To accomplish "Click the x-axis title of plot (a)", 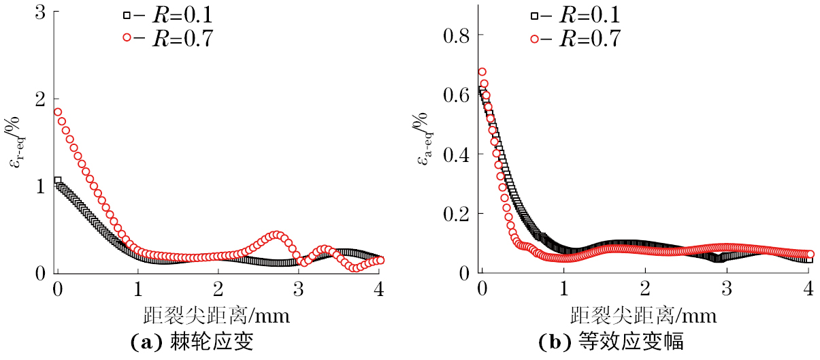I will click(216, 315).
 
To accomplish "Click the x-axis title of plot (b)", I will click(644, 315).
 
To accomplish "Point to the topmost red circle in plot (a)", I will click(58, 112).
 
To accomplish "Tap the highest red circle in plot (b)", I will click(482, 71).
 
